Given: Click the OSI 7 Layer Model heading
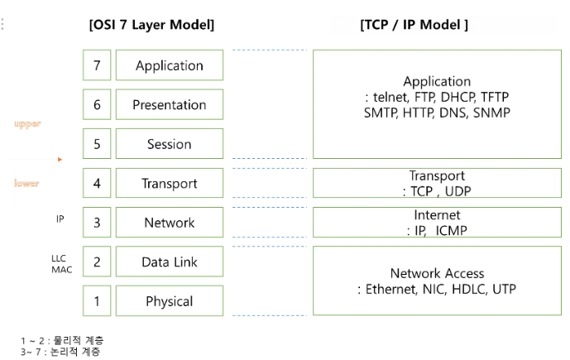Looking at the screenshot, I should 151,25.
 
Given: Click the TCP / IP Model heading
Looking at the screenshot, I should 414,25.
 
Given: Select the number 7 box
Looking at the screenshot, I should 97,65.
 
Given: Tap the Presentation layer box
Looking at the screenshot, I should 169,105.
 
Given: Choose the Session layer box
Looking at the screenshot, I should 169,144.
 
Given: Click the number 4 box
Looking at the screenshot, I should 97,184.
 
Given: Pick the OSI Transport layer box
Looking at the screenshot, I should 169,184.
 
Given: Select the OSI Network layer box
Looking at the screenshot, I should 169,223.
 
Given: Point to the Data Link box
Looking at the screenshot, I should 169,262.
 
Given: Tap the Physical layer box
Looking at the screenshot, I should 169,301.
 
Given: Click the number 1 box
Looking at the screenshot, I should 97,301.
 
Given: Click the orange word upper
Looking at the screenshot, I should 27,123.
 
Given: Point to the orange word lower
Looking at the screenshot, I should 26,183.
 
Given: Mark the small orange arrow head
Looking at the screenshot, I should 60,159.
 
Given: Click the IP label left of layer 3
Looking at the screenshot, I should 60,219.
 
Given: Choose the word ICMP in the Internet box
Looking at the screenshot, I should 450,231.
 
